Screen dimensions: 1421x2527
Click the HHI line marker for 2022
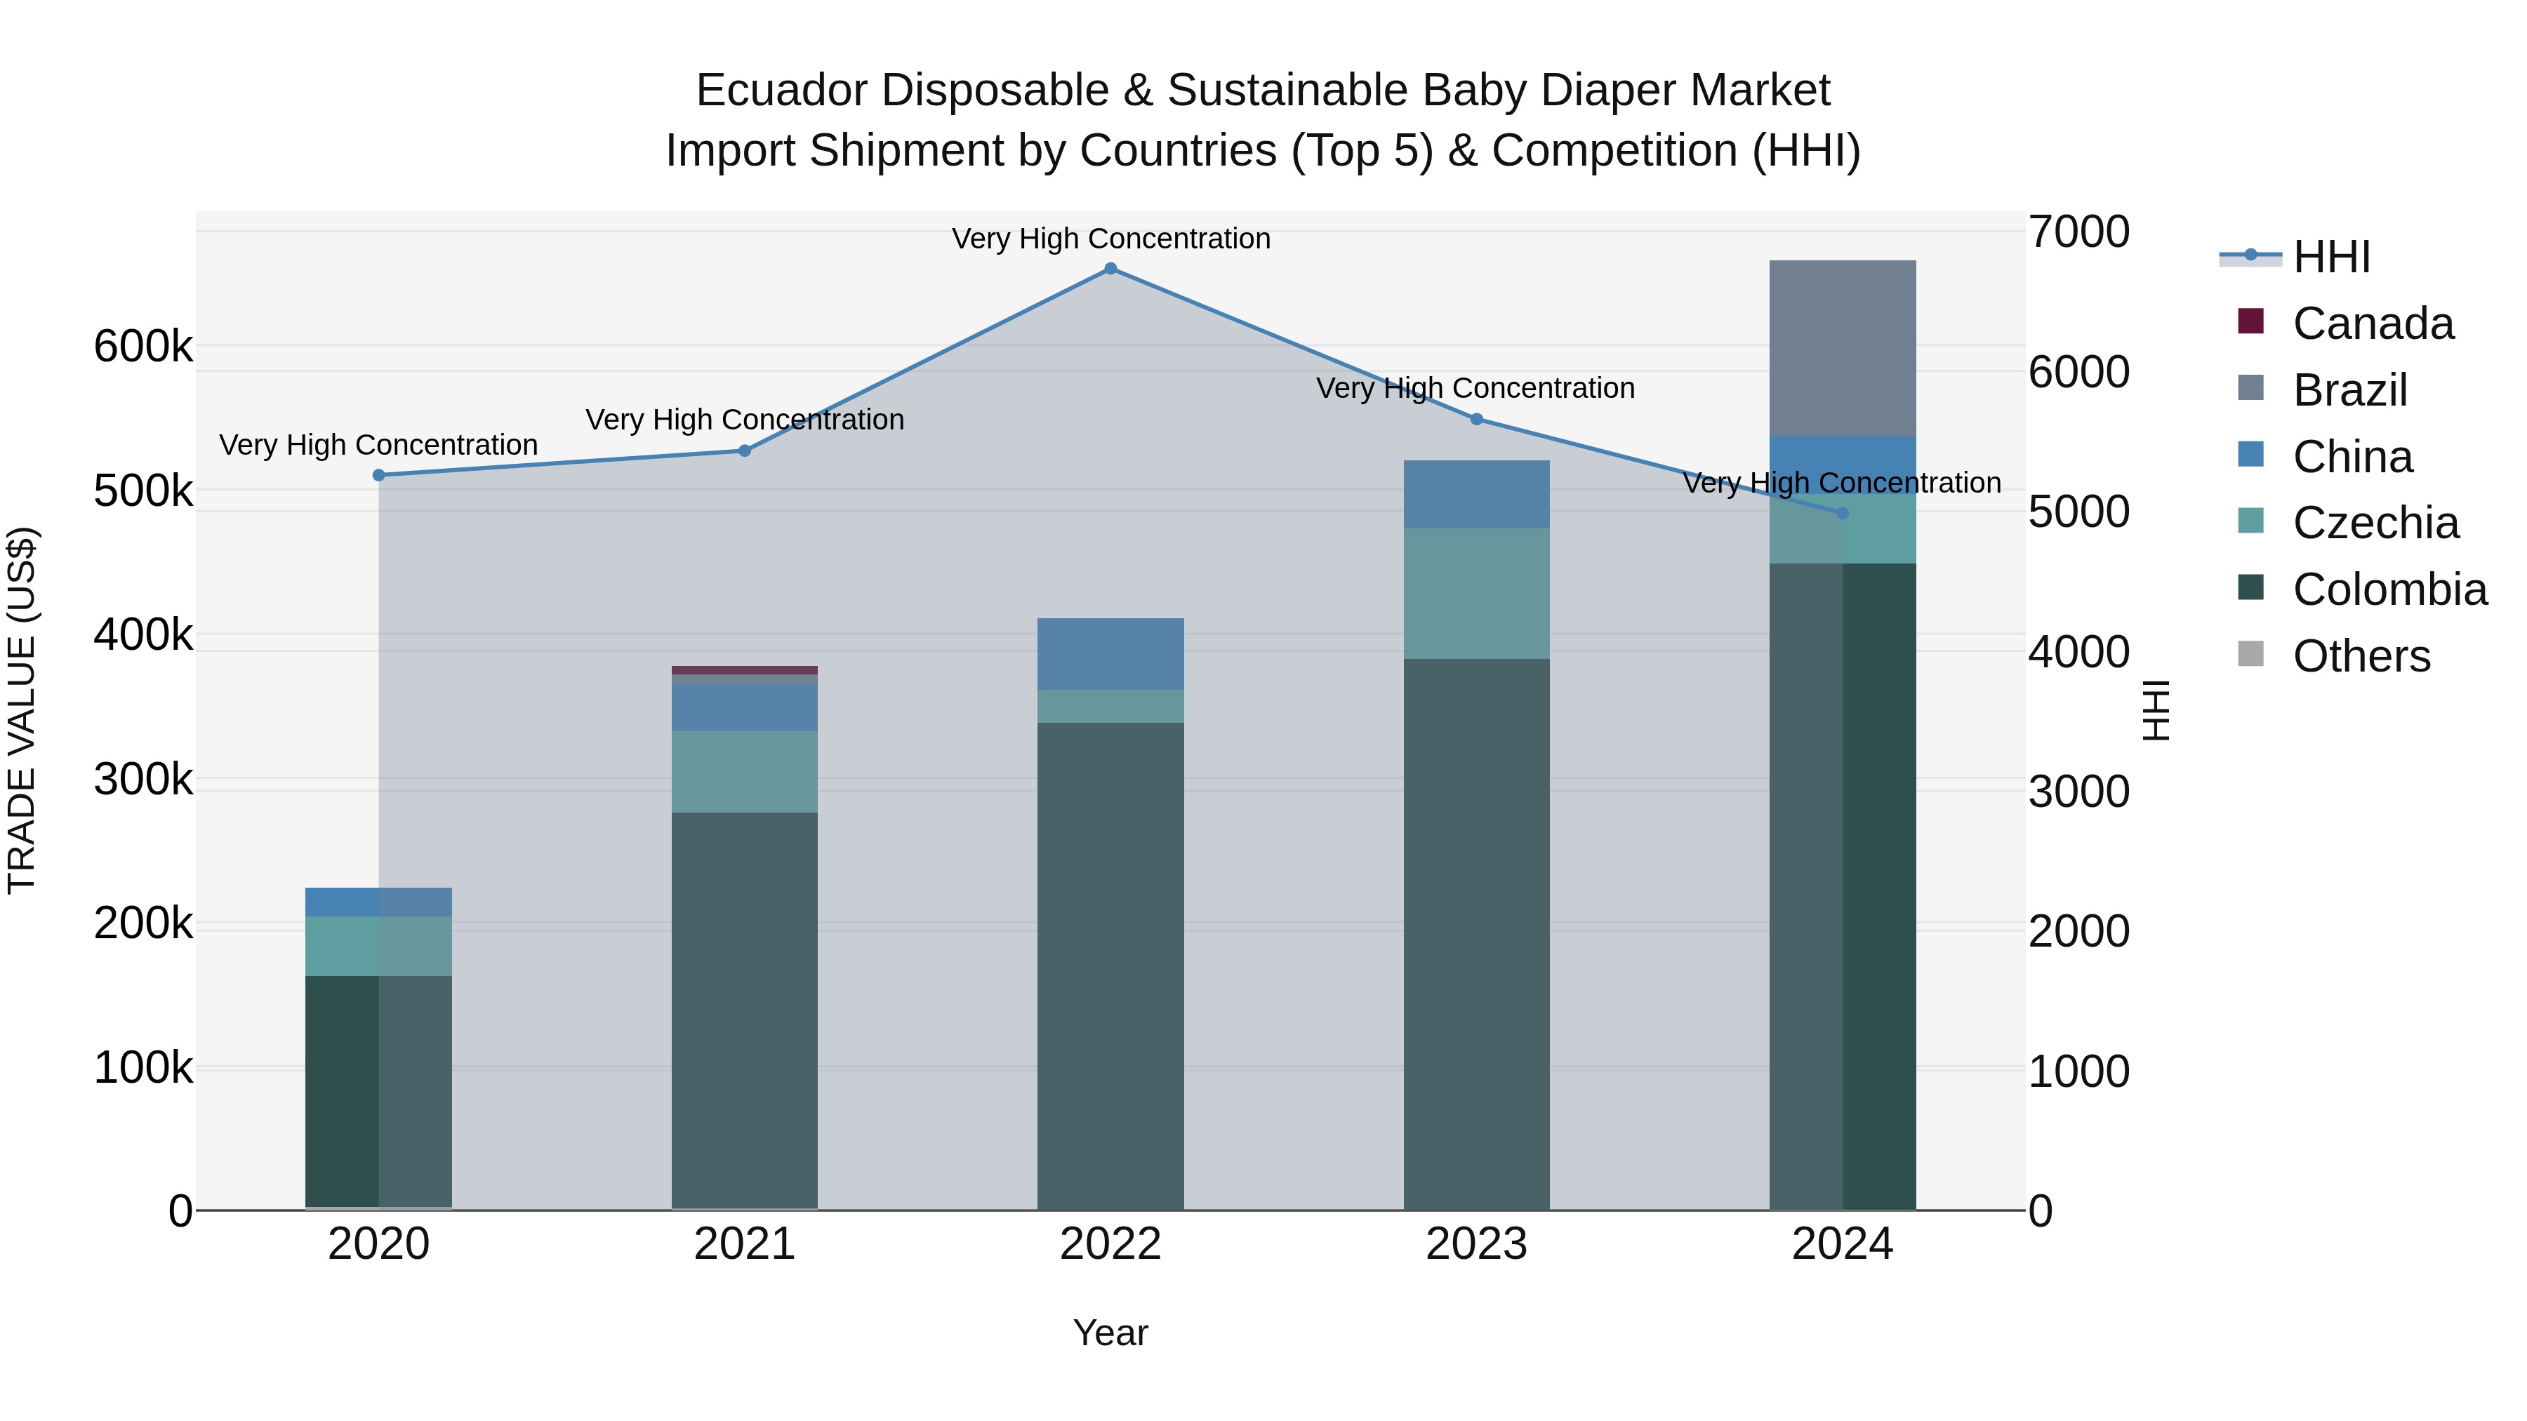1110,269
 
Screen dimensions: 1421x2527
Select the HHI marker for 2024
1843,513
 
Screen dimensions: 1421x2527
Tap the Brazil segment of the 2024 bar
1843,348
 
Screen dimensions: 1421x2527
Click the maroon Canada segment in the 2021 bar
745,671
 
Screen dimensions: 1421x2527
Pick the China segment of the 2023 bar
1476,494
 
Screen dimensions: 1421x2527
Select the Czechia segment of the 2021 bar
745,772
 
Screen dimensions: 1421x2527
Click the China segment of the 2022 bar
1110,654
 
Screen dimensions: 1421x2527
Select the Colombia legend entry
2389,589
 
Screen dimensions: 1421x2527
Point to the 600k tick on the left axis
143,346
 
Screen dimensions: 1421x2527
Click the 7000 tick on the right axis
2078,232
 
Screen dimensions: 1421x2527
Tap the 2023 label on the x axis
1476,1244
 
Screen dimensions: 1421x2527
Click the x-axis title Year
1110,1333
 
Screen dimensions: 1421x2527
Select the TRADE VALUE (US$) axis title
22,710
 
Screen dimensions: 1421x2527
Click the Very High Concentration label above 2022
1110,239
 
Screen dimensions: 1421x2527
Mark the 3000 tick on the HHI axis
2078,792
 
